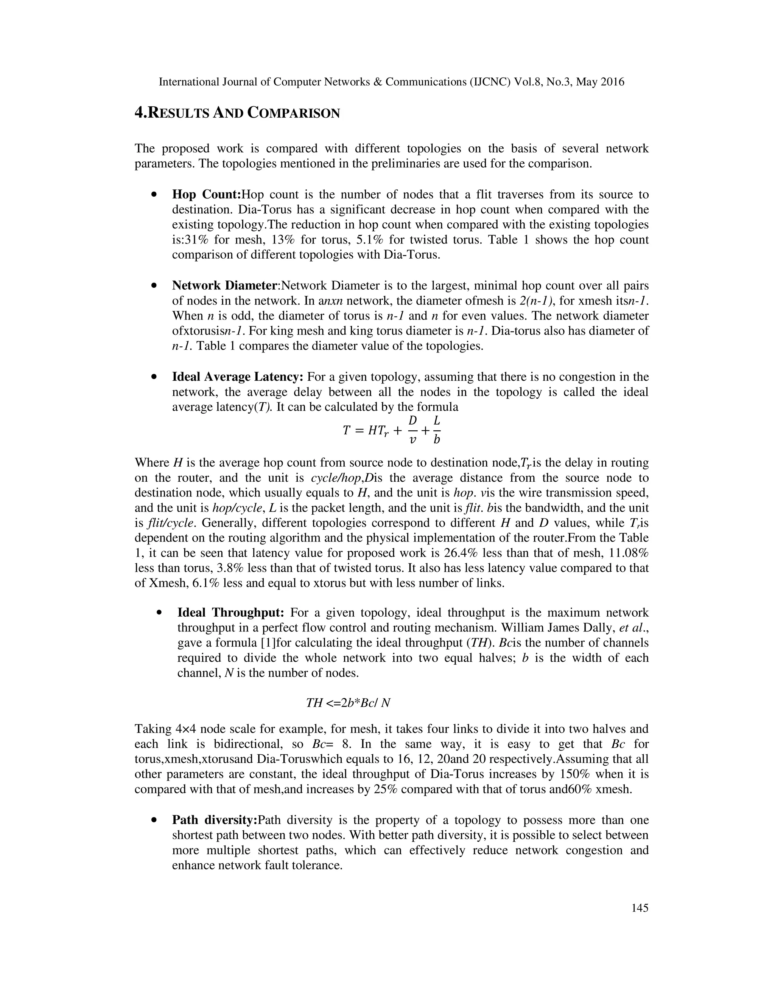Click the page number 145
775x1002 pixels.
coord(640,908)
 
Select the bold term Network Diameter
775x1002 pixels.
coord(224,285)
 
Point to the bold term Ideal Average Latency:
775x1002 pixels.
coord(237,377)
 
